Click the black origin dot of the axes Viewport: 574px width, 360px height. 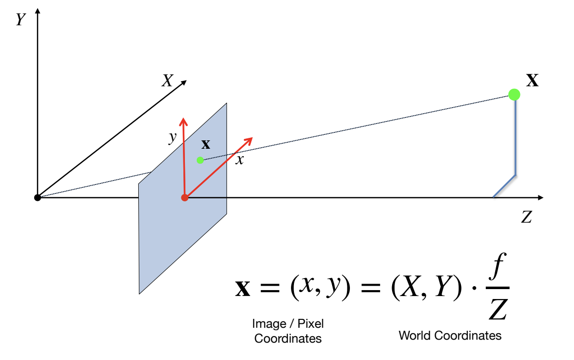pos(37,198)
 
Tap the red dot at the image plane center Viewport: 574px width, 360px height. pos(185,198)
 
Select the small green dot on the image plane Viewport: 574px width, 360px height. pos(200,160)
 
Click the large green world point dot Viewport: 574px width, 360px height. pos(515,94)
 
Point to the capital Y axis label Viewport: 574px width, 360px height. pos(21,20)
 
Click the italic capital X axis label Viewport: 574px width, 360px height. pos(167,81)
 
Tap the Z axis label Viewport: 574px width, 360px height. pos(526,217)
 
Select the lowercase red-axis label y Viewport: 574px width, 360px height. pos(172,137)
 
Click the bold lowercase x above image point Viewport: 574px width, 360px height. pos(206,144)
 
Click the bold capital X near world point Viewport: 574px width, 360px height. pos(532,81)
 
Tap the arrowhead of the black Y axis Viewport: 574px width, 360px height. pos(38,11)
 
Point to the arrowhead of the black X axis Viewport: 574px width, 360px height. pos(184,82)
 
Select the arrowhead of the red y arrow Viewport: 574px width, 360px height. pos(183,121)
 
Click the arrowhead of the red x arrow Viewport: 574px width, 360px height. pos(249,140)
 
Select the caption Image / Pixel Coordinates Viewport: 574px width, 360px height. pos(287,331)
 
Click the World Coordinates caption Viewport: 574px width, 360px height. pos(450,336)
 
